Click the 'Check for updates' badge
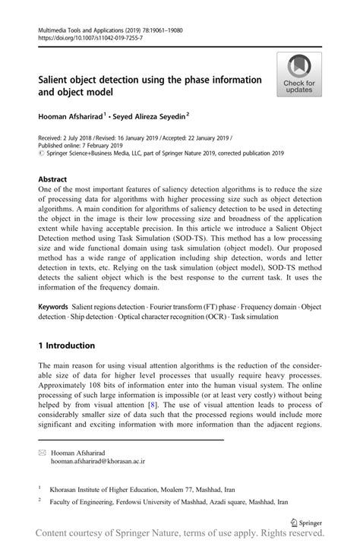(299, 74)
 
